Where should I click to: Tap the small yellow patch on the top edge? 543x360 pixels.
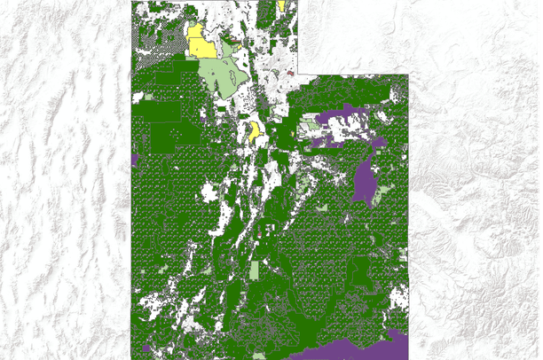coord(281,5)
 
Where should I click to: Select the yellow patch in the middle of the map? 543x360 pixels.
coord(256,132)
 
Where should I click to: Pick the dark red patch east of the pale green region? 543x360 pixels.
coord(291,74)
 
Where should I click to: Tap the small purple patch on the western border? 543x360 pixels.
coord(134,160)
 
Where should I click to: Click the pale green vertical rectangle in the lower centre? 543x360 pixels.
coord(256,271)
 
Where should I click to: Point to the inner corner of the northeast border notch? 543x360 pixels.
coord(298,74)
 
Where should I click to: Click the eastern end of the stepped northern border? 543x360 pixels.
coord(407,74)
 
